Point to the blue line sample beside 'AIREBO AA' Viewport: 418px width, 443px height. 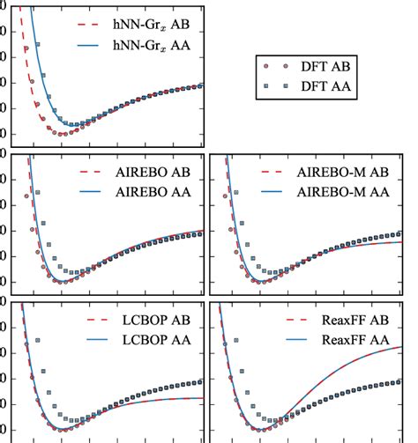click(94, 189)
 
